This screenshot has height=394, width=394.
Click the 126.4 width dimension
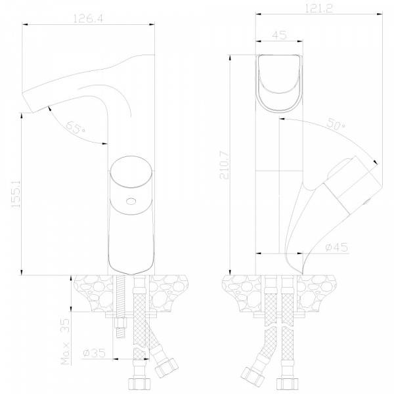coord(88,18)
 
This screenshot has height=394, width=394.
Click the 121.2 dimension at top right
coord(318,9)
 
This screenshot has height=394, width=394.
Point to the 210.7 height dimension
coord(225,165)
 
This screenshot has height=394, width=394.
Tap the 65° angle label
coord(75,128)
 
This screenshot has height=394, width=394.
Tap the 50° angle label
coord(336,124)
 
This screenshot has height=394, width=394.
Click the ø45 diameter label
coord(336,248)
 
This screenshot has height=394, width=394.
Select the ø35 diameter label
coord(94,353)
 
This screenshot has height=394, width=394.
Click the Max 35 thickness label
coord(65,341)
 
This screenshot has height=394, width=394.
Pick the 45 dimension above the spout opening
coord(279,35)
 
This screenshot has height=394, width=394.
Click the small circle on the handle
coord(131,202)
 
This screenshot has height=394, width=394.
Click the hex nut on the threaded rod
coord(121,323)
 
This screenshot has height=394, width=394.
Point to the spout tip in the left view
coord(28,102)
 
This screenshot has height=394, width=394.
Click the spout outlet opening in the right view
coord(279,83)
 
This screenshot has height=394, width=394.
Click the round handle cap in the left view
coord(131,171)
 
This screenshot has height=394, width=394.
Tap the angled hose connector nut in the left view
coord(166,368)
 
